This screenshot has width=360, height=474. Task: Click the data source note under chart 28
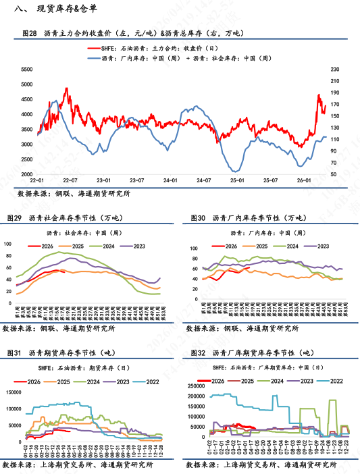(x=74, y=193)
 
